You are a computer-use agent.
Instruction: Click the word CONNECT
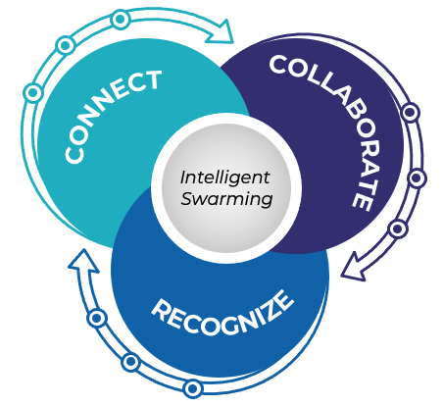pyautogui.click(x=111, y=115)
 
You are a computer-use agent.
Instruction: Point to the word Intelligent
pyautogui.click(x=225, y=178)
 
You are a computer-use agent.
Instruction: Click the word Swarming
pyautogui.click(x=226, y=199)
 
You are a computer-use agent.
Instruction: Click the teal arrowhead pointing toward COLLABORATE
pyautogui.click(x=221, y=31)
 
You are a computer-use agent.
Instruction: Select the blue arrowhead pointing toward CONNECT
pyautogui.click(x=82, y=261)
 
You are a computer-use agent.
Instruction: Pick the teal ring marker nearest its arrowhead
pyautogui.click(x=121, y=20)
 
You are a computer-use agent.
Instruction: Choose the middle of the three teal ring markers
pyautogui.click(x=65, y=45)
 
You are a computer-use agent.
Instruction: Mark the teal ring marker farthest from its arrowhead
pyautogui.click(x=33, y=93)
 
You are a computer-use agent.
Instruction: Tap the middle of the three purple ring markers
pyautogui.click(x=417, y=178)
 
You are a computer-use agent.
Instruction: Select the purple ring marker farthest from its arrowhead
pyautogui.click(x=411, y=112)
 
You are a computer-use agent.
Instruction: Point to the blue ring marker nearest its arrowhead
pyautogui.click(x=97, y=318)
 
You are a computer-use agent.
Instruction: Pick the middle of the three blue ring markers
pyautogui.click(x=130, y=362)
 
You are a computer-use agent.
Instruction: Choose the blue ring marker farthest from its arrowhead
pyautogui.click(x=193, y=388)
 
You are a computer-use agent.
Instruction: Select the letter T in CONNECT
pyautogui.click(x=151, y=80)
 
